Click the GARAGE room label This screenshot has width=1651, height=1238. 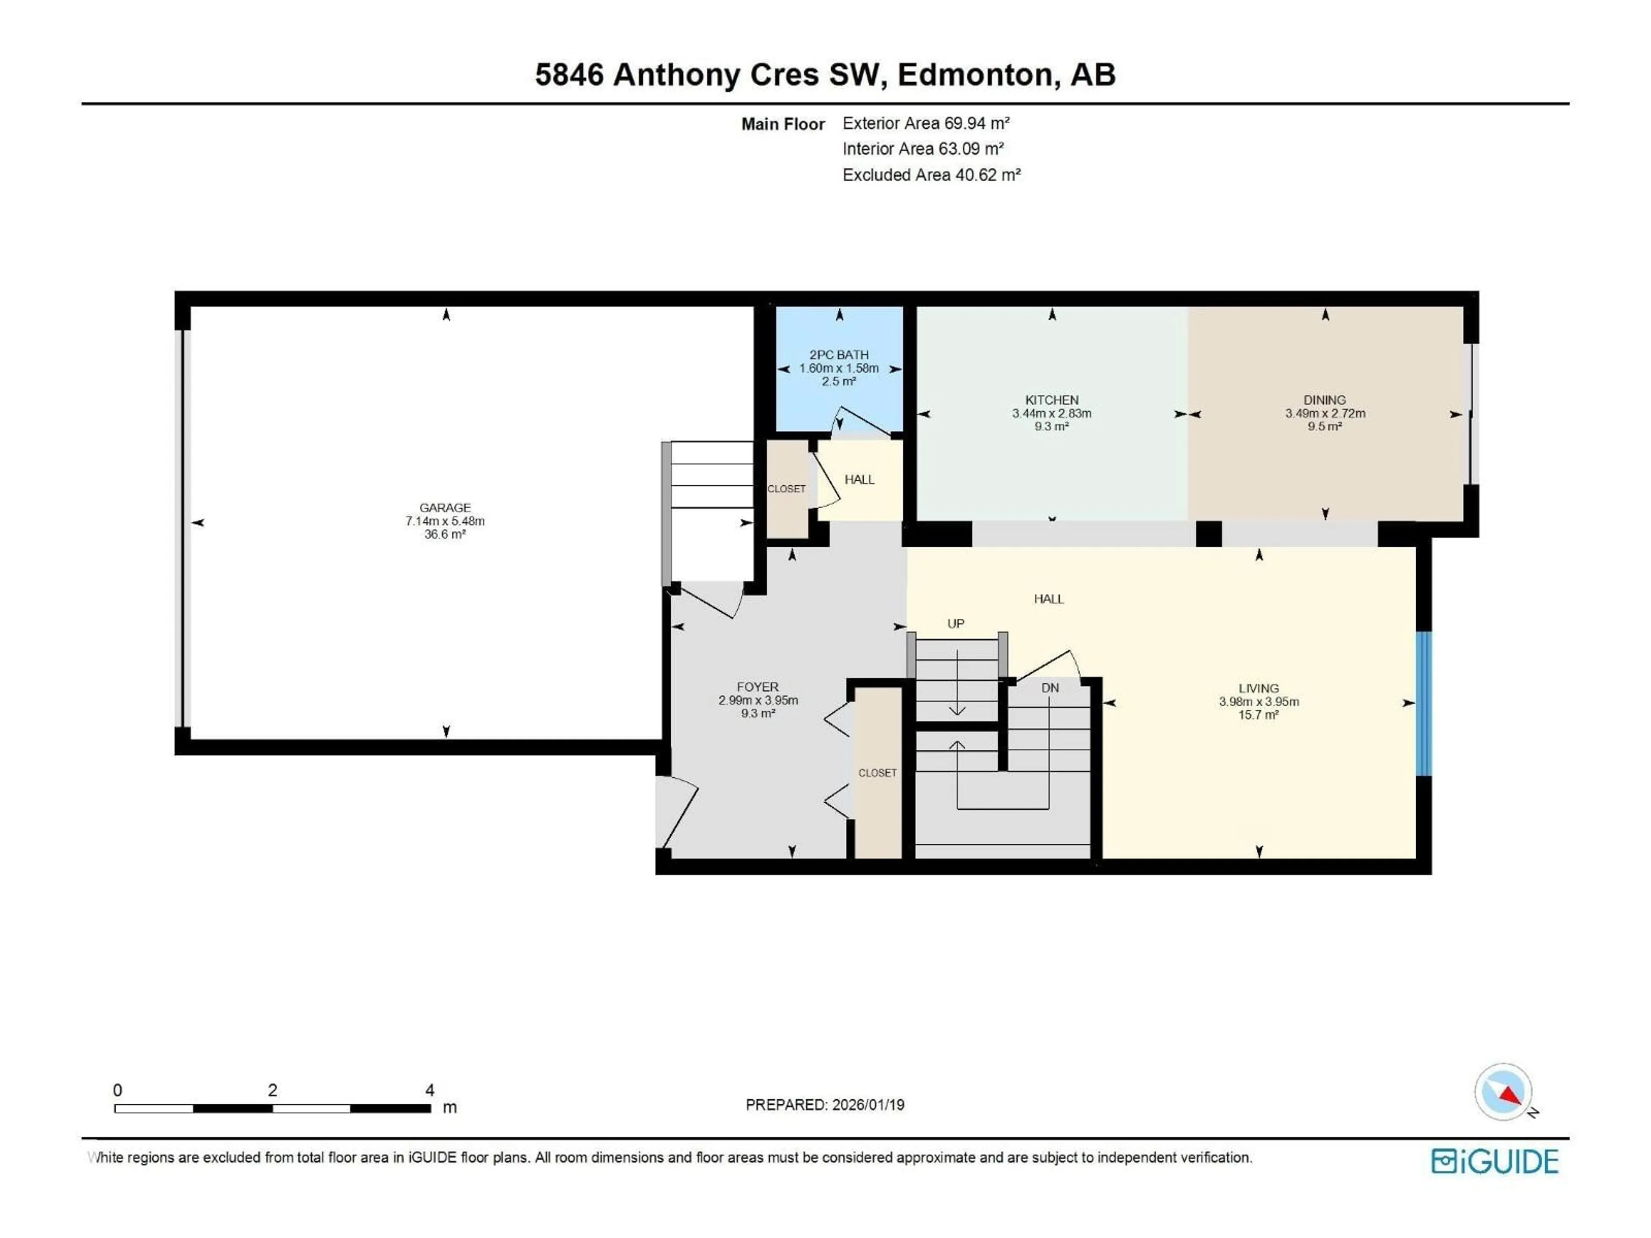(x=445, y=507)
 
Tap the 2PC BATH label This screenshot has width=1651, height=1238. (x=839, y=355)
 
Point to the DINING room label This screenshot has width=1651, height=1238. (x=1325, y=400)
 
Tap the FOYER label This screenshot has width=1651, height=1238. (x=758, y=686)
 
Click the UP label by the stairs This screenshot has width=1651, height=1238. (x=955, y=624)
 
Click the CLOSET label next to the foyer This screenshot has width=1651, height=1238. (x=877, y=773)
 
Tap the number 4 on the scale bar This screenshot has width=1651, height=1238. (x=430, y=1090)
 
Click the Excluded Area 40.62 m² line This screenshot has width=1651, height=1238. (x=931, y=175)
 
